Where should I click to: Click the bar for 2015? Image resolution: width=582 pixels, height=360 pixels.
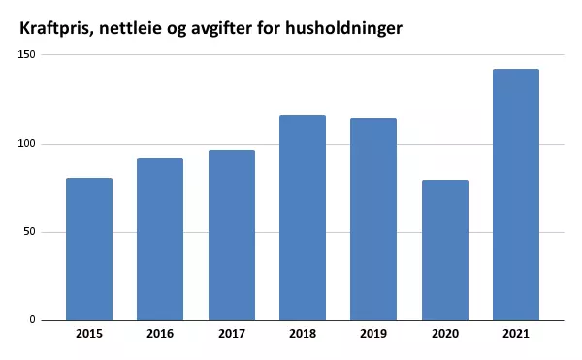click(89, 248)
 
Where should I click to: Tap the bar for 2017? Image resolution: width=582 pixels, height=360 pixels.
click(231, 235)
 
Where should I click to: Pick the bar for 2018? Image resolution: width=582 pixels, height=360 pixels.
click(303, 217)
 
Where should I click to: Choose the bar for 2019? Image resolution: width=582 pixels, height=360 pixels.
click(373, 219)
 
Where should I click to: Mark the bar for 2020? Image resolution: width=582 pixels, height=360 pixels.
click(445, 250)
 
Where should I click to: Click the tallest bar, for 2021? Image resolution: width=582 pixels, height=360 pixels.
click(516, 194)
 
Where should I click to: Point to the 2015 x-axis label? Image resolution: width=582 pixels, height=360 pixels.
click(89, 333)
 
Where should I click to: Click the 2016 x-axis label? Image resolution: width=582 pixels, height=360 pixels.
click(160, 333)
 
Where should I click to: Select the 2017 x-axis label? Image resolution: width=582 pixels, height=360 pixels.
click(231, 333)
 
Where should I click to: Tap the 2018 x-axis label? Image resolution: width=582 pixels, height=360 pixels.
click(303, 333)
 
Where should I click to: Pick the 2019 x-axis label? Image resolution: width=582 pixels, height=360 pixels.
click(373, 333)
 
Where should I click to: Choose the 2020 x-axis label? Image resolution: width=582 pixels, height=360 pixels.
click(445, 333)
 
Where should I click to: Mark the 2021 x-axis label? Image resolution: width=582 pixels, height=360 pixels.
click(516, 333)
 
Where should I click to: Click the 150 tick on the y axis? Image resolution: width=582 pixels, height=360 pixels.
click(26, 55)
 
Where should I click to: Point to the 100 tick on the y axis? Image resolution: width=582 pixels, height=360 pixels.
click(26, 144)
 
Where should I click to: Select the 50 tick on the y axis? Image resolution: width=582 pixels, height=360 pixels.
click(29, 232)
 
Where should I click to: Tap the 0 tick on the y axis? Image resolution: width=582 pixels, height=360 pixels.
click(32, 320)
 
